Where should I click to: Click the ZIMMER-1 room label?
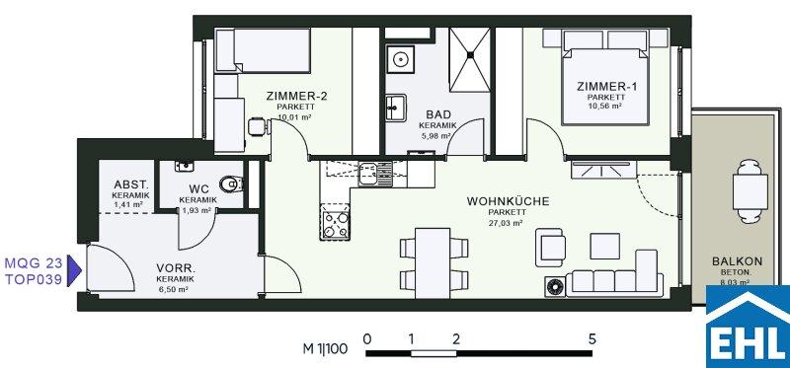[606, 87]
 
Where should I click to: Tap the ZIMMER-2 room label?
[296, 97]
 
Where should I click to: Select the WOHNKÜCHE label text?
[508, 201]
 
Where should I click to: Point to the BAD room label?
[437, 114]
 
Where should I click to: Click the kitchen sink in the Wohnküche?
[375, 174]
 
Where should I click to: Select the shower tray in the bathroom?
[470, 60]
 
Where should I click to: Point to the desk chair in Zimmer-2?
[258, 126]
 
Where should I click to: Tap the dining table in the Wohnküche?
[433, 262]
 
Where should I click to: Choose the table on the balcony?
[750, 191]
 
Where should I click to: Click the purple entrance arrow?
[74, 271]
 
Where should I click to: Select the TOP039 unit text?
[34, 280]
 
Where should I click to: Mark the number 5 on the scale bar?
[592, 338]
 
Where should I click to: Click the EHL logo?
[748, 327]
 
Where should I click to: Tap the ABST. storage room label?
[131, 184]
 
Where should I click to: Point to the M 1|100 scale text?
[325, 349]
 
